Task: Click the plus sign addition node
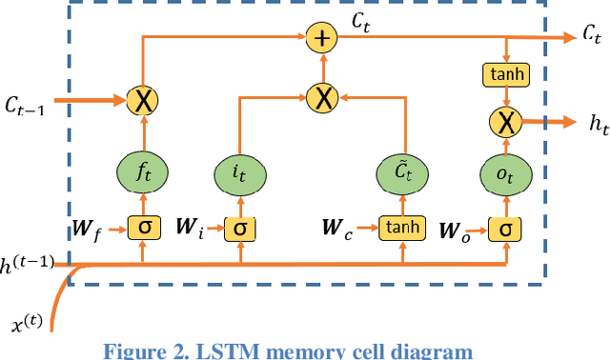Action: (322, 39)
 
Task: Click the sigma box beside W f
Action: (145, 228)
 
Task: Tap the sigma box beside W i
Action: (240, 228)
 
